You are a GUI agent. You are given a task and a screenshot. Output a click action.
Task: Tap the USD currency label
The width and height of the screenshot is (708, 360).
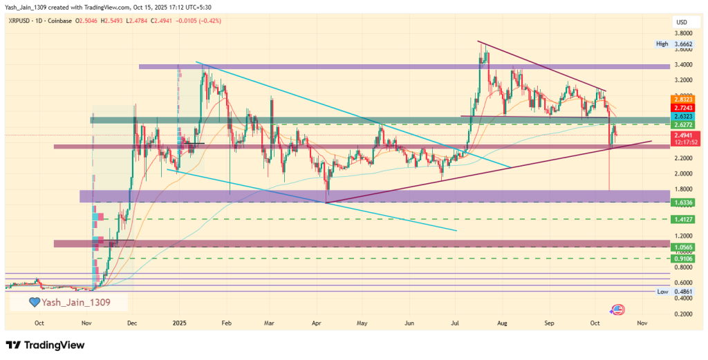coord(680,23)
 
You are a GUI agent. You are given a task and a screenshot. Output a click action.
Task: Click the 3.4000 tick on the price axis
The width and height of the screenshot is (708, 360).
coord(684,65)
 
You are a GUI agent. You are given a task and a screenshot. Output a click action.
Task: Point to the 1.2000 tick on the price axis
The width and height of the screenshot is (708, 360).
coord(684,236)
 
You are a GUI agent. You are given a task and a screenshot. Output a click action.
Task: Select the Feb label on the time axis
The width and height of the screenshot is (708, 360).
coord(225,323)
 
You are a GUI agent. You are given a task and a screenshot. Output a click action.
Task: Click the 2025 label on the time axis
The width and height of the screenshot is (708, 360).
coord(180,323)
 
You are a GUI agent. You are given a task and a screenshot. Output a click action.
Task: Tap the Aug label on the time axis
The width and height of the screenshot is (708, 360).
coord(503,323)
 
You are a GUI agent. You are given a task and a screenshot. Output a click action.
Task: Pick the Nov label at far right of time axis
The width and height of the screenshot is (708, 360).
coord(642,323)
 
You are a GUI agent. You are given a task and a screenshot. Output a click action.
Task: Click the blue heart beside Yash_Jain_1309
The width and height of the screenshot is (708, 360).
coord(33,302)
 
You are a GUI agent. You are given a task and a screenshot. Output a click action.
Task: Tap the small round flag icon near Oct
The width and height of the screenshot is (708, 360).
coord(617,310)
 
